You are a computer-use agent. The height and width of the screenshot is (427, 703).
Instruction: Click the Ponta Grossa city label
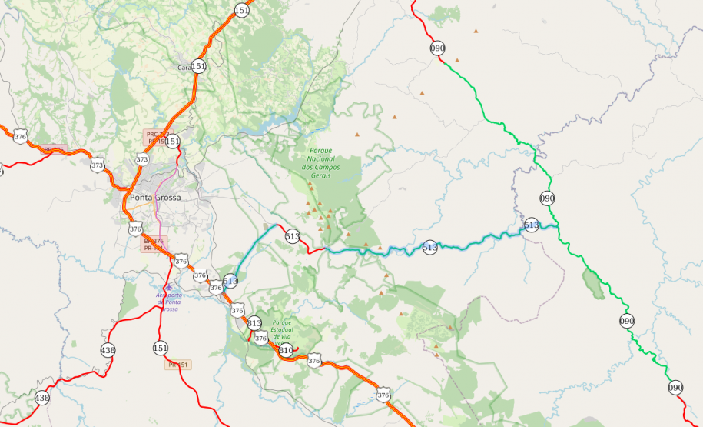tap(156, 198)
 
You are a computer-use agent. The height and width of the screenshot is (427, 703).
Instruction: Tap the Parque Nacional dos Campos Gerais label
tap(332, 158)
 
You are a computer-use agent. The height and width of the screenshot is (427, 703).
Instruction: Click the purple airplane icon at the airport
tap(168, 287)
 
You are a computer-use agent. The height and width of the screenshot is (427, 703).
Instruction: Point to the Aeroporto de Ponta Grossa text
tap(169, 302)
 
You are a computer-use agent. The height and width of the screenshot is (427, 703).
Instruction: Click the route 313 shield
tap(254, 323)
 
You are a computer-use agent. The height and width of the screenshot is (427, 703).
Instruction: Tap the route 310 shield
tap(286, 351)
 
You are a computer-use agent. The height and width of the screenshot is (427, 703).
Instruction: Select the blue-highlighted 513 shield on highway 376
tap(230, 282)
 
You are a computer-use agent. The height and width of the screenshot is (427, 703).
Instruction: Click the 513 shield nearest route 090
tap(532, 225)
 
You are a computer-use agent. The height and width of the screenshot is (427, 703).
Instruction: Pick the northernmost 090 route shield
tap(437, 48)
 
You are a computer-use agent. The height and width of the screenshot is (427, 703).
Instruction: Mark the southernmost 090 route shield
tap(675, 388)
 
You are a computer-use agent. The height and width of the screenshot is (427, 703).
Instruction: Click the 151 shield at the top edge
tap(242, 10)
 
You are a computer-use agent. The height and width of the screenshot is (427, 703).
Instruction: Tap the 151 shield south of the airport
tap(160, 347)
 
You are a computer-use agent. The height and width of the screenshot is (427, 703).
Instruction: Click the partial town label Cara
tap(184, 68)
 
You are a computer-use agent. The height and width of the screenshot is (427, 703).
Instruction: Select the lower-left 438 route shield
tap(41, 398)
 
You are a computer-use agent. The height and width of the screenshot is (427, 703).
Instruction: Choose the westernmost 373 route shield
tap(97, 165)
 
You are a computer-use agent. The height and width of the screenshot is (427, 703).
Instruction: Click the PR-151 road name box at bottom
tap(177, 365)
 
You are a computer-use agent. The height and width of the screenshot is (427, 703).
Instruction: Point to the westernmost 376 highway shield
tap(20, 137)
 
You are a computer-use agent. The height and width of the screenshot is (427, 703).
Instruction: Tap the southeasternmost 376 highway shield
tap(383, 395)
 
